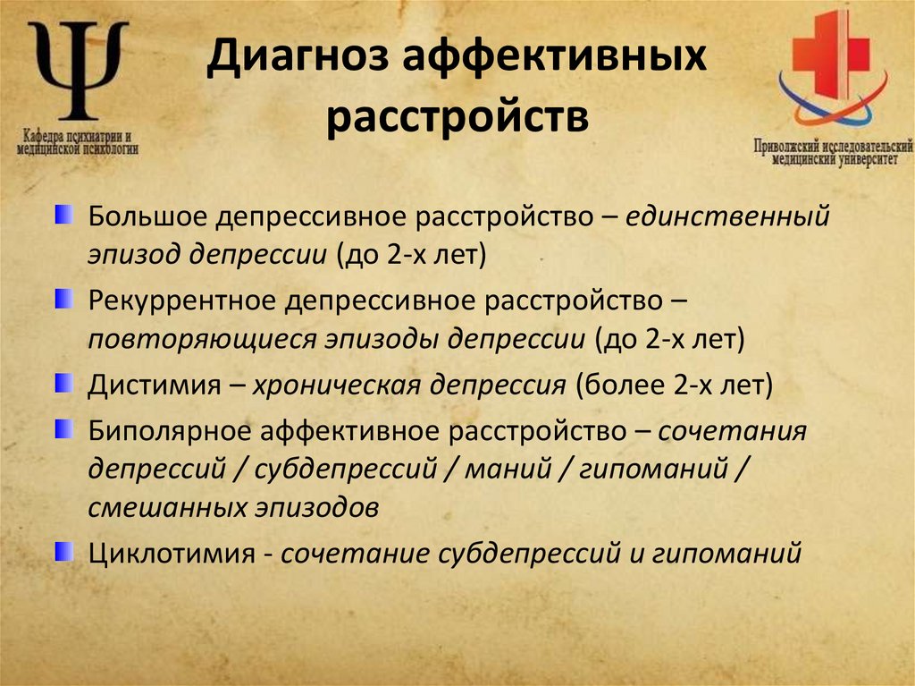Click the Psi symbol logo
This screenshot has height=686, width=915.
[78, 70]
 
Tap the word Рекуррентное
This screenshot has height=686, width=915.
[180, 301]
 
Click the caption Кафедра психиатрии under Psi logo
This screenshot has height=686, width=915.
[76, 138]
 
